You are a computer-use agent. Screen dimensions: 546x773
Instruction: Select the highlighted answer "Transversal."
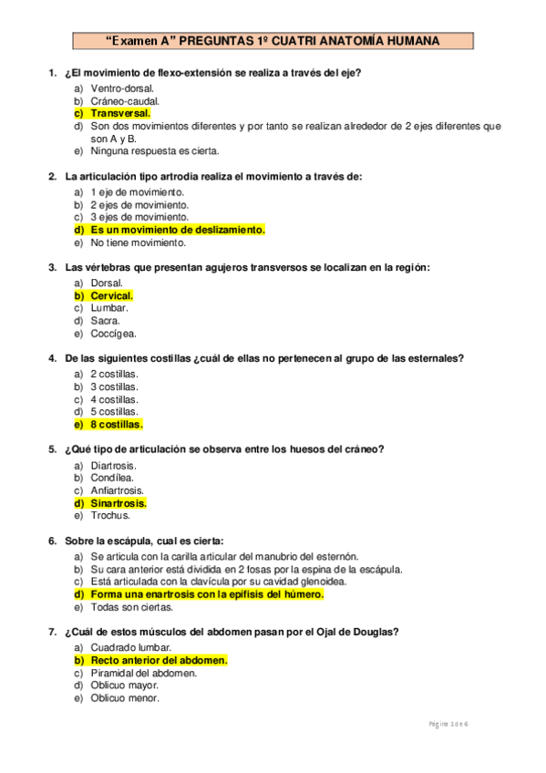click(x=119, y=113)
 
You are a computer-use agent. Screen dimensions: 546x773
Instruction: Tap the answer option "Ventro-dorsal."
click(x=122, y=88)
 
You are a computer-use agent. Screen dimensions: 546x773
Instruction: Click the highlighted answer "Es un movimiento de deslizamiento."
click(x=177, y=230)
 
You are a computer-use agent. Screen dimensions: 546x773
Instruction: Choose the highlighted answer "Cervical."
click(x=111, y=295)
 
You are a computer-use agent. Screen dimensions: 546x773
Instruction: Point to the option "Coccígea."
click(x=113, y=334)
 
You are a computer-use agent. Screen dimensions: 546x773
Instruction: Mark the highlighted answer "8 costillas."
click(x=116, y=424)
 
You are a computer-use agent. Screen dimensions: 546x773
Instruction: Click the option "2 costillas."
click(x=114, y=374)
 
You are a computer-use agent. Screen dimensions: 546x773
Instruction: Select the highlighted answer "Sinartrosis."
click(x=118, y=502)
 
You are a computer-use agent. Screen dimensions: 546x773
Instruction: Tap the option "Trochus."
click(x=110, y=515)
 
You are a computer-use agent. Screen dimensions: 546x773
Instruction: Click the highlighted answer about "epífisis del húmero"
click(x=206, y=593)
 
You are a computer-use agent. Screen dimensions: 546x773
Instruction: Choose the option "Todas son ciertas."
click(x=131, y=606)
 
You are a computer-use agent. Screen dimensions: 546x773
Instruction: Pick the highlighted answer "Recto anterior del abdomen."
click(x=158, y=659)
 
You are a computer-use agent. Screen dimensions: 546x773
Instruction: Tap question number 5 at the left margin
click(x=51, y=449)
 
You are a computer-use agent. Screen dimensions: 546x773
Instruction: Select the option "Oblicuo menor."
click(x=124, y=697)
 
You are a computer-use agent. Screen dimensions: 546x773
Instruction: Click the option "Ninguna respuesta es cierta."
click(x=154, y=151)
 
